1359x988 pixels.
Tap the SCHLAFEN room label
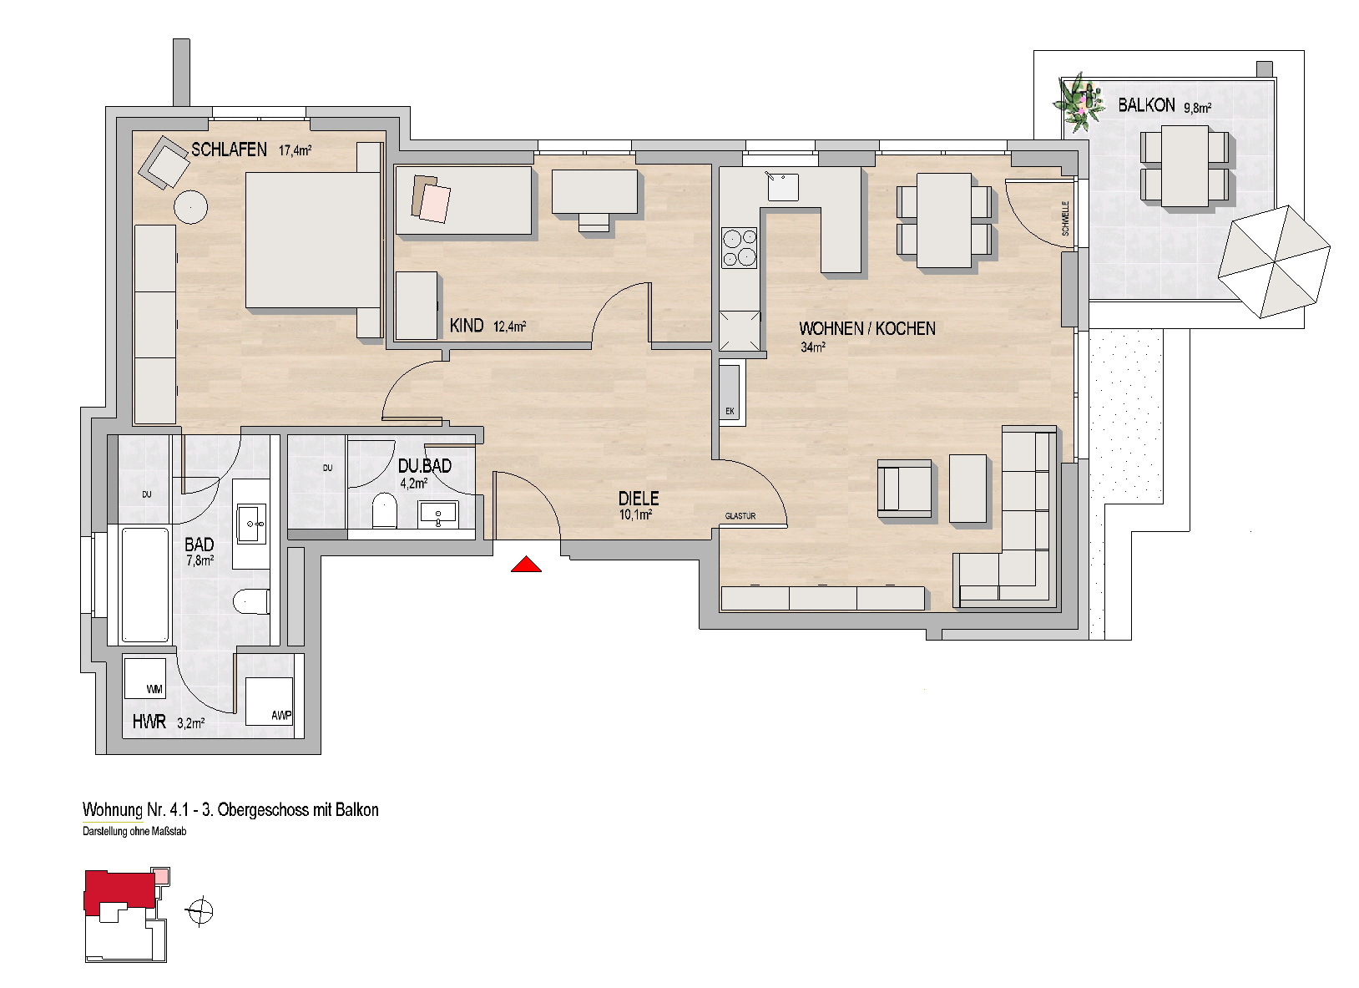(229, 149)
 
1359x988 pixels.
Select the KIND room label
(467, 326)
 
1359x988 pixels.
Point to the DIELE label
(639, 499)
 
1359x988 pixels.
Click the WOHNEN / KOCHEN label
(867, 328)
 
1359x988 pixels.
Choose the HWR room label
(149, 722)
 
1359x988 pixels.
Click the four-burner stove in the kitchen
(739, 247)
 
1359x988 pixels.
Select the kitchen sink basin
(783, 186)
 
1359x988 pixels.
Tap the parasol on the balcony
(1274, 261)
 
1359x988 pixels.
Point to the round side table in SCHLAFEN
(190, 208)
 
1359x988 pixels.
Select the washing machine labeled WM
(145, 678)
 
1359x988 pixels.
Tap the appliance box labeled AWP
(269, 701)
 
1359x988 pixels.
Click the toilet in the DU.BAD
(383, 510)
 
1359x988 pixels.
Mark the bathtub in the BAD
(145, 585)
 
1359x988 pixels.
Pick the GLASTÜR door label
(740, 516)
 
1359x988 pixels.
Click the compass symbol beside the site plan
(200, 911)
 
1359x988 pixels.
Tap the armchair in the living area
(904, 489)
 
